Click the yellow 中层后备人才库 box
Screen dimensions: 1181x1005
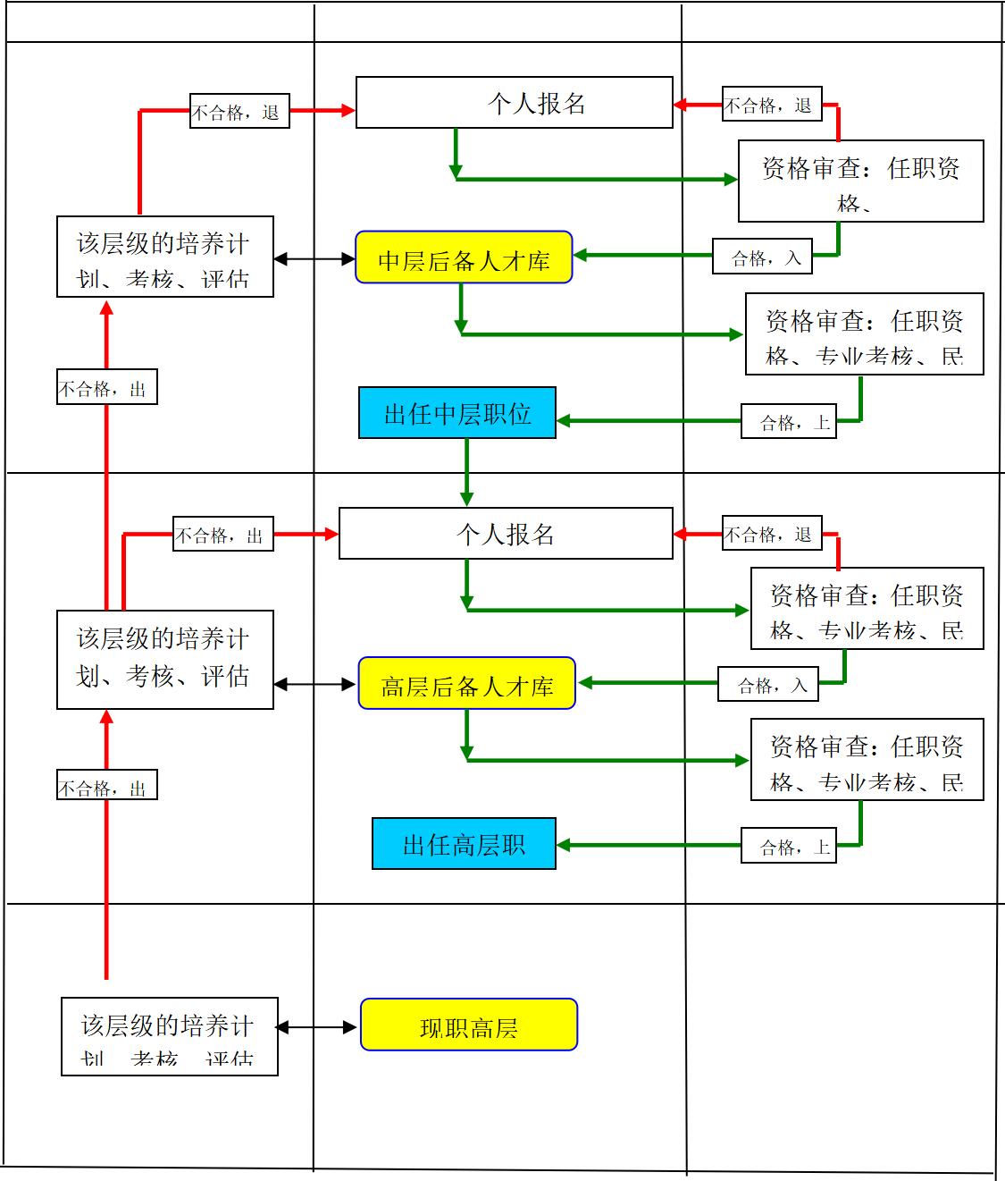pyautogui.click(x=464, y=257)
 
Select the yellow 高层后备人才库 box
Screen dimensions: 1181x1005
pyautogui.click(x=466, y=684)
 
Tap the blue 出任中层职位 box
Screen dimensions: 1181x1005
pyautogui.click(x=457, y=413)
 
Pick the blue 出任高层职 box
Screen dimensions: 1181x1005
pyautogui.click(x=464, y=844)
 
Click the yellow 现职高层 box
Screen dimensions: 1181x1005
pyautogui.click(x=469, y=1025)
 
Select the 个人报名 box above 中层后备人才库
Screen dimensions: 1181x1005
pyautogui.click(x=514, y=103)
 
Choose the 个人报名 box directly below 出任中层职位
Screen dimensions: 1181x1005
pyautogui.click(x=506, y=534)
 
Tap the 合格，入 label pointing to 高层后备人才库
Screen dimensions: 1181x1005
pyautogui.click(x=767, y=685)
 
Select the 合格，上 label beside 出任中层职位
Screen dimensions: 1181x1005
pyautogui.click(x=790, y=421)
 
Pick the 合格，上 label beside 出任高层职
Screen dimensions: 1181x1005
pyautogui.click(x=790, y=846)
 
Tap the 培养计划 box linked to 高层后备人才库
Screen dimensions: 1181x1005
pyautogui.click(x=164, y=660)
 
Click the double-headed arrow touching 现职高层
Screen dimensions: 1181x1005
pyautogui.click(x=317, y=1027)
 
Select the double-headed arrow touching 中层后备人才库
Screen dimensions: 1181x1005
pyautogui.click(x=314, y=259)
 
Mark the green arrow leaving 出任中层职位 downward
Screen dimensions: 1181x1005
pyautogui.click(x=466, y=472)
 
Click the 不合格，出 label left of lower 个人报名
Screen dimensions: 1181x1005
pyautogui.click(x=222, y=535)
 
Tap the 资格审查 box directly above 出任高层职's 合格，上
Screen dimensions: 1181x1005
pyautogui.click(x=867, y=760)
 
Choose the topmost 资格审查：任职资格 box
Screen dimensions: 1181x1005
pyautogui.click(x=860, y=181)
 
